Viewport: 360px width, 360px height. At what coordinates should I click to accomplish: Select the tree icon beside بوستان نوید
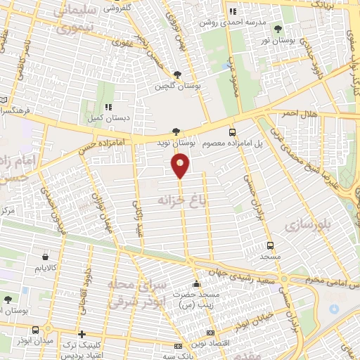coord(176,131)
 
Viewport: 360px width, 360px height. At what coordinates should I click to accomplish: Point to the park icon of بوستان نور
coord(278,29)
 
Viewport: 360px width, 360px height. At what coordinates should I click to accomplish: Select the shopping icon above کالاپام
coord(46,257)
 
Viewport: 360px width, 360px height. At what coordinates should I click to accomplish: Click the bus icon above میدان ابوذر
coord(36,330)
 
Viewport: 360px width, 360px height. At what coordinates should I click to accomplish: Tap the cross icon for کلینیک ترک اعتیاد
coord(82,334)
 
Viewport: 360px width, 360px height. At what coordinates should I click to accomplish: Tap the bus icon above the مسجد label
coord(271,246)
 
